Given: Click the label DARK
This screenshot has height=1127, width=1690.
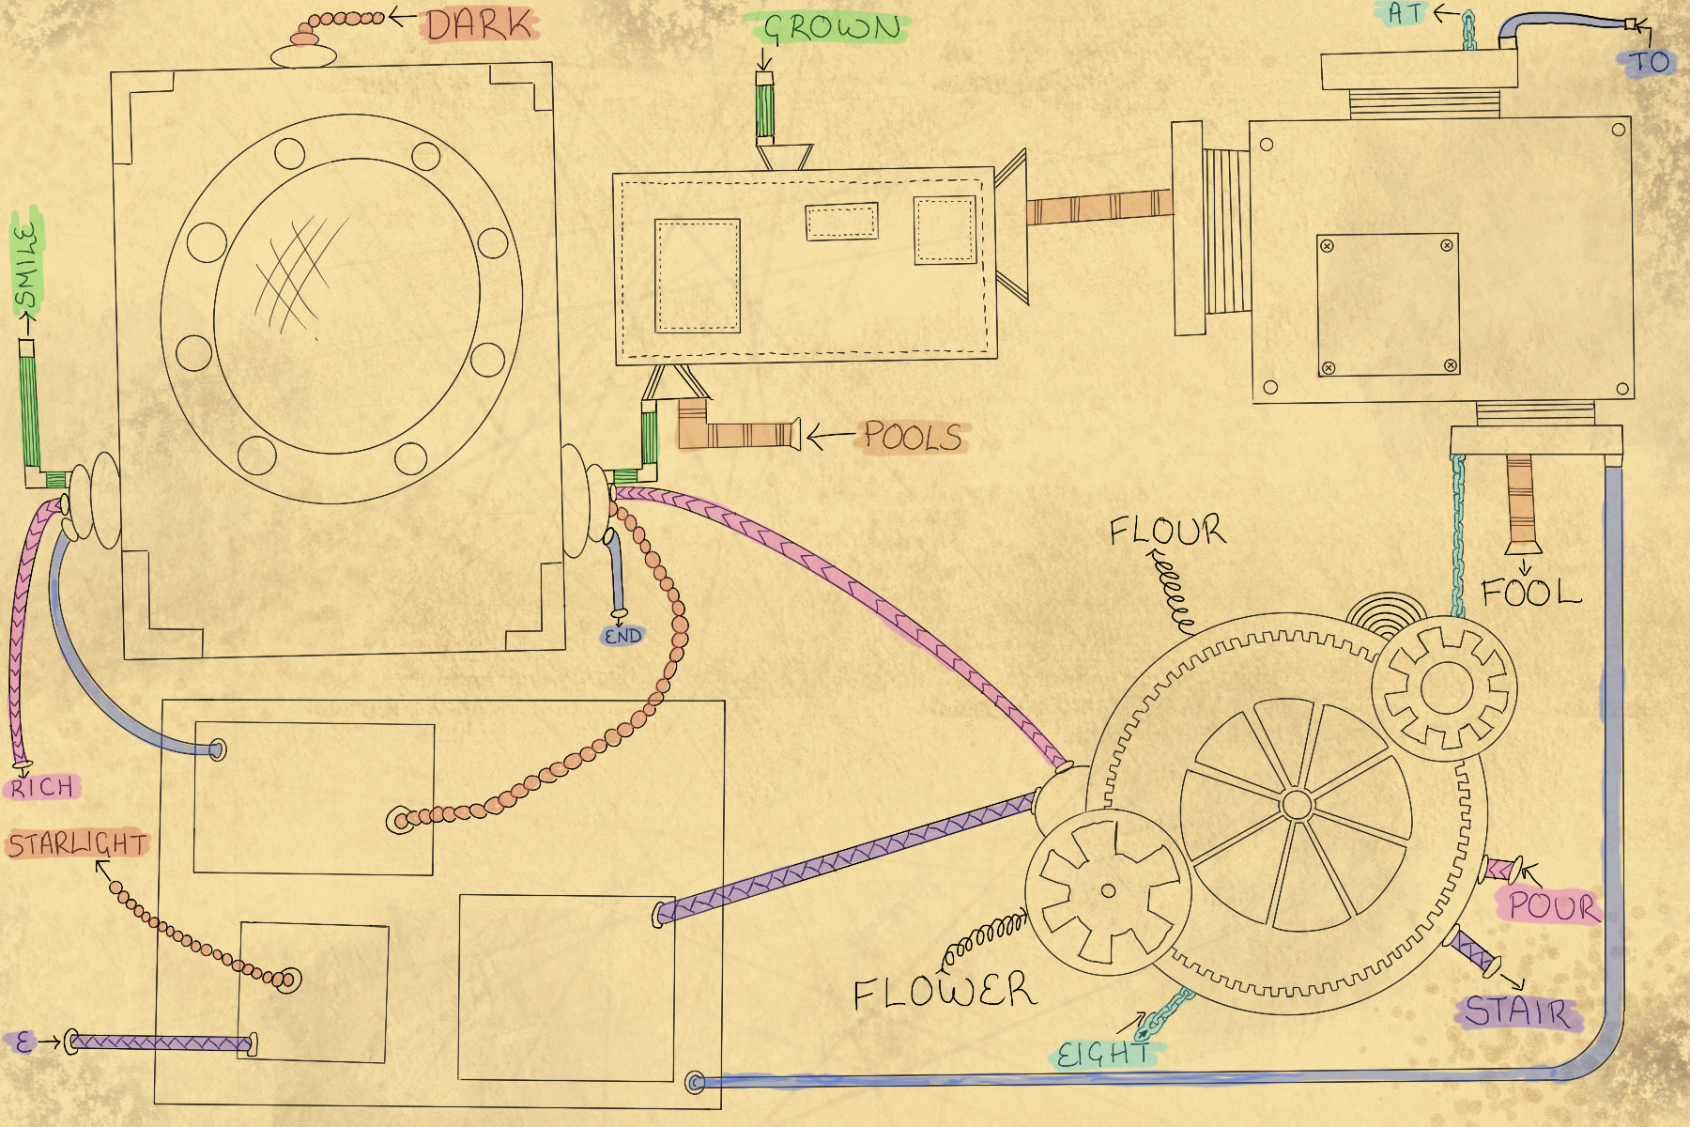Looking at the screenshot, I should pyautogui.click(x=480, y=24).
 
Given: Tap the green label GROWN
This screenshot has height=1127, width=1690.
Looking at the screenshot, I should pyautogui.click(x=832, y=28).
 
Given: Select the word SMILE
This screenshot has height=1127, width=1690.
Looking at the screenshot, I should pyautogui.click(x=28, y=265).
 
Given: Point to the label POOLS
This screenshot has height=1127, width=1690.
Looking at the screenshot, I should pyautogui.click(x=913, y=437).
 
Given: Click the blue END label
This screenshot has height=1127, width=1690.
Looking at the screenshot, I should pyautogui.click(x=622, y=636).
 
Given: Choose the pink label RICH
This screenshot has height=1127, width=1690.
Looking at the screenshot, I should pyautogui.click(x=42, y=787).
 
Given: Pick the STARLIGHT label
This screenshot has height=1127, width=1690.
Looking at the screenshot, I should pyautogui.click(x=78, y=844).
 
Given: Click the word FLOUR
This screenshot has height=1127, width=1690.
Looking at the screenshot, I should pyautogui.click(x=1167, y=531).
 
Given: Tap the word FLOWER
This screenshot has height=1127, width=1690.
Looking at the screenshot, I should pyautogui.click(x=945, y=992).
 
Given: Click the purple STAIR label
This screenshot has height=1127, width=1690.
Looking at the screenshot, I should pyautogui.click(x=1517, y=1012).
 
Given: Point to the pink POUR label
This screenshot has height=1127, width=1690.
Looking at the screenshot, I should pyautogui.click(x=1551, y=906).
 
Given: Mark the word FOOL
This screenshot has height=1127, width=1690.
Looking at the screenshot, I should pyautogui.click(x=1530, y=593).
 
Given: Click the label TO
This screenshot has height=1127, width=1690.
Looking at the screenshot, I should pyautogui.click(x=1649, y=63).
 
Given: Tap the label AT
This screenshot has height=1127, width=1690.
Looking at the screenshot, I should pyautogui.click(x=1406, y=13).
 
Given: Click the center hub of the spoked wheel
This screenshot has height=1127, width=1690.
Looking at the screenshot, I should pyautogui.click(x=1297, y=805).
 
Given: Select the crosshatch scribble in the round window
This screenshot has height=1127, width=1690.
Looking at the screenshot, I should pyautogui.click(x=293, y=272).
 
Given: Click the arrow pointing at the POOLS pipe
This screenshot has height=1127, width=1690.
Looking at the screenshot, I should pyautogui.click(x=830, y=436).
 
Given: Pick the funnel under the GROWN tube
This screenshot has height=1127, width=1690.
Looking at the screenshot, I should pyautogui.click(x=784, y=156).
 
